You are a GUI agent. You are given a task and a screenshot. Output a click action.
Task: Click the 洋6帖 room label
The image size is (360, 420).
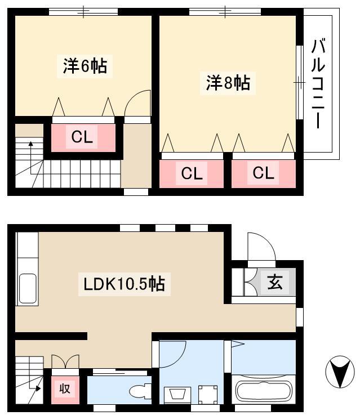(x=85, y=66)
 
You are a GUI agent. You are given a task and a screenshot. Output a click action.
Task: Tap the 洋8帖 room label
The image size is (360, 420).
(x=228, y=83)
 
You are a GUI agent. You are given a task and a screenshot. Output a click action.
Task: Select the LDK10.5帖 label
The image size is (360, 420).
(x=124, y=284)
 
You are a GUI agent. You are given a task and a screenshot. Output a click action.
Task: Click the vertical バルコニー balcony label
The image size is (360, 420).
(x=318, y=83)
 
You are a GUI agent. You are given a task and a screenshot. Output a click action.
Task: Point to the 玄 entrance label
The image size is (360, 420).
(x=275, y=282)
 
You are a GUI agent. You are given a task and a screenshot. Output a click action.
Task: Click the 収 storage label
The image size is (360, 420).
(x=65, y=388)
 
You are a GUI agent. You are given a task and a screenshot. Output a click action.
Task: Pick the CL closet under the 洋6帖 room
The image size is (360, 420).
(x=82, y=137)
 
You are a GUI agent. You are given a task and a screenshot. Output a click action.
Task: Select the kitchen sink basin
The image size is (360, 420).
(x=28, y=288)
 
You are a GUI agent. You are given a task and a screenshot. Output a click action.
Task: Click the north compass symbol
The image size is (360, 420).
(x=340, y=372)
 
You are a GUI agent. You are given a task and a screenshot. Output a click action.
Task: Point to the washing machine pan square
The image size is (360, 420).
(x=208, y=395)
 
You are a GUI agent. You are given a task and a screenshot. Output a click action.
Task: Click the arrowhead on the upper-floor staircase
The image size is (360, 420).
(x=31, y=144)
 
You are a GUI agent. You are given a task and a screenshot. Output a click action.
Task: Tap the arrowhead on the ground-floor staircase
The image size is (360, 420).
(x=38, y=388)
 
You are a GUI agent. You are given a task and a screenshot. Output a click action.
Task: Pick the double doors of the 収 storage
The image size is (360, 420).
(x=65, y=361)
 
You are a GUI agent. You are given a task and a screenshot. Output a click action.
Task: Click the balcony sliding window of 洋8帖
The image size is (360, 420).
(x=300, y=82)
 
